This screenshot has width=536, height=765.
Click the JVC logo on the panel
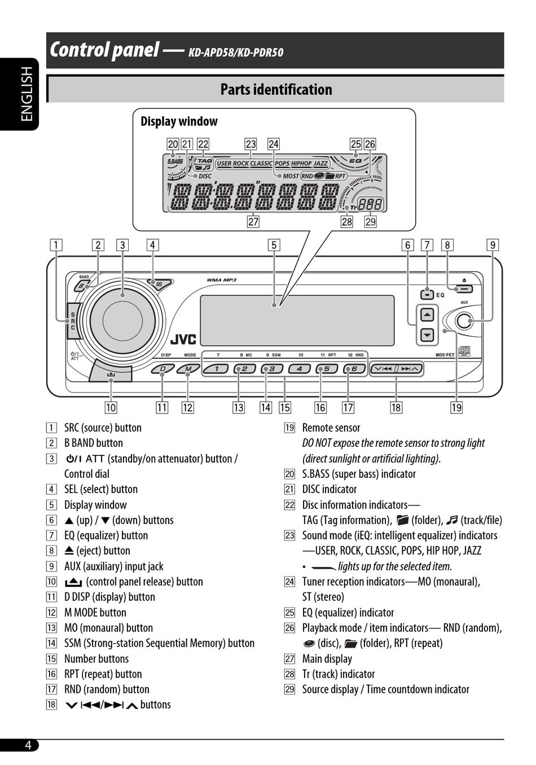click(x=183, y=339)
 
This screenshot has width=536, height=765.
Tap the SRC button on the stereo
click(x=73, y=321)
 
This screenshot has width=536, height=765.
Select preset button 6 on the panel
click(x=354, y=369)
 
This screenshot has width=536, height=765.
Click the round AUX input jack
click(x=464, y=321)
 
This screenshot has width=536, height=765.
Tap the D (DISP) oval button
click(x=163, y=370)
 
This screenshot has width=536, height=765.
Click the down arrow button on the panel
click(x=428, y=335)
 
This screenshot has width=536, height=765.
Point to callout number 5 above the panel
click(x=274, y=245)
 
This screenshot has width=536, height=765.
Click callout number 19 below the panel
click(x=456, y=407)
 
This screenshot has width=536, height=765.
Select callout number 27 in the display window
click(x=253, y=222)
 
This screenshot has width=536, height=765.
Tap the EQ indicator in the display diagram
click(x=355, y=161)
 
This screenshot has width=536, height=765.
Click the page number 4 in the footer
click(x=28, y=745)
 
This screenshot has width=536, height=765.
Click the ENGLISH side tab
click(x=27, y=94)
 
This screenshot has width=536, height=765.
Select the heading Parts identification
click(x=276, y=90)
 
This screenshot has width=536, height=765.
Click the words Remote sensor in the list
click(x=331, y=428)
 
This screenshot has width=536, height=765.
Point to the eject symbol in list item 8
click(x=69, y=551)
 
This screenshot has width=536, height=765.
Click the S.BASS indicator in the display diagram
click(x=175, y=161)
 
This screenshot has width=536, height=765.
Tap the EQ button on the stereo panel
click(x=428, y=294)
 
